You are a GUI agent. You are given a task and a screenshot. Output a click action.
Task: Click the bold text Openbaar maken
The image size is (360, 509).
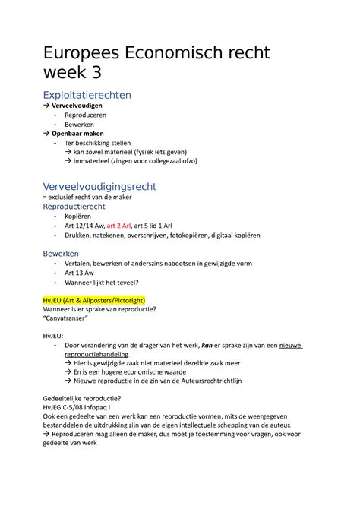pos(82,133)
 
